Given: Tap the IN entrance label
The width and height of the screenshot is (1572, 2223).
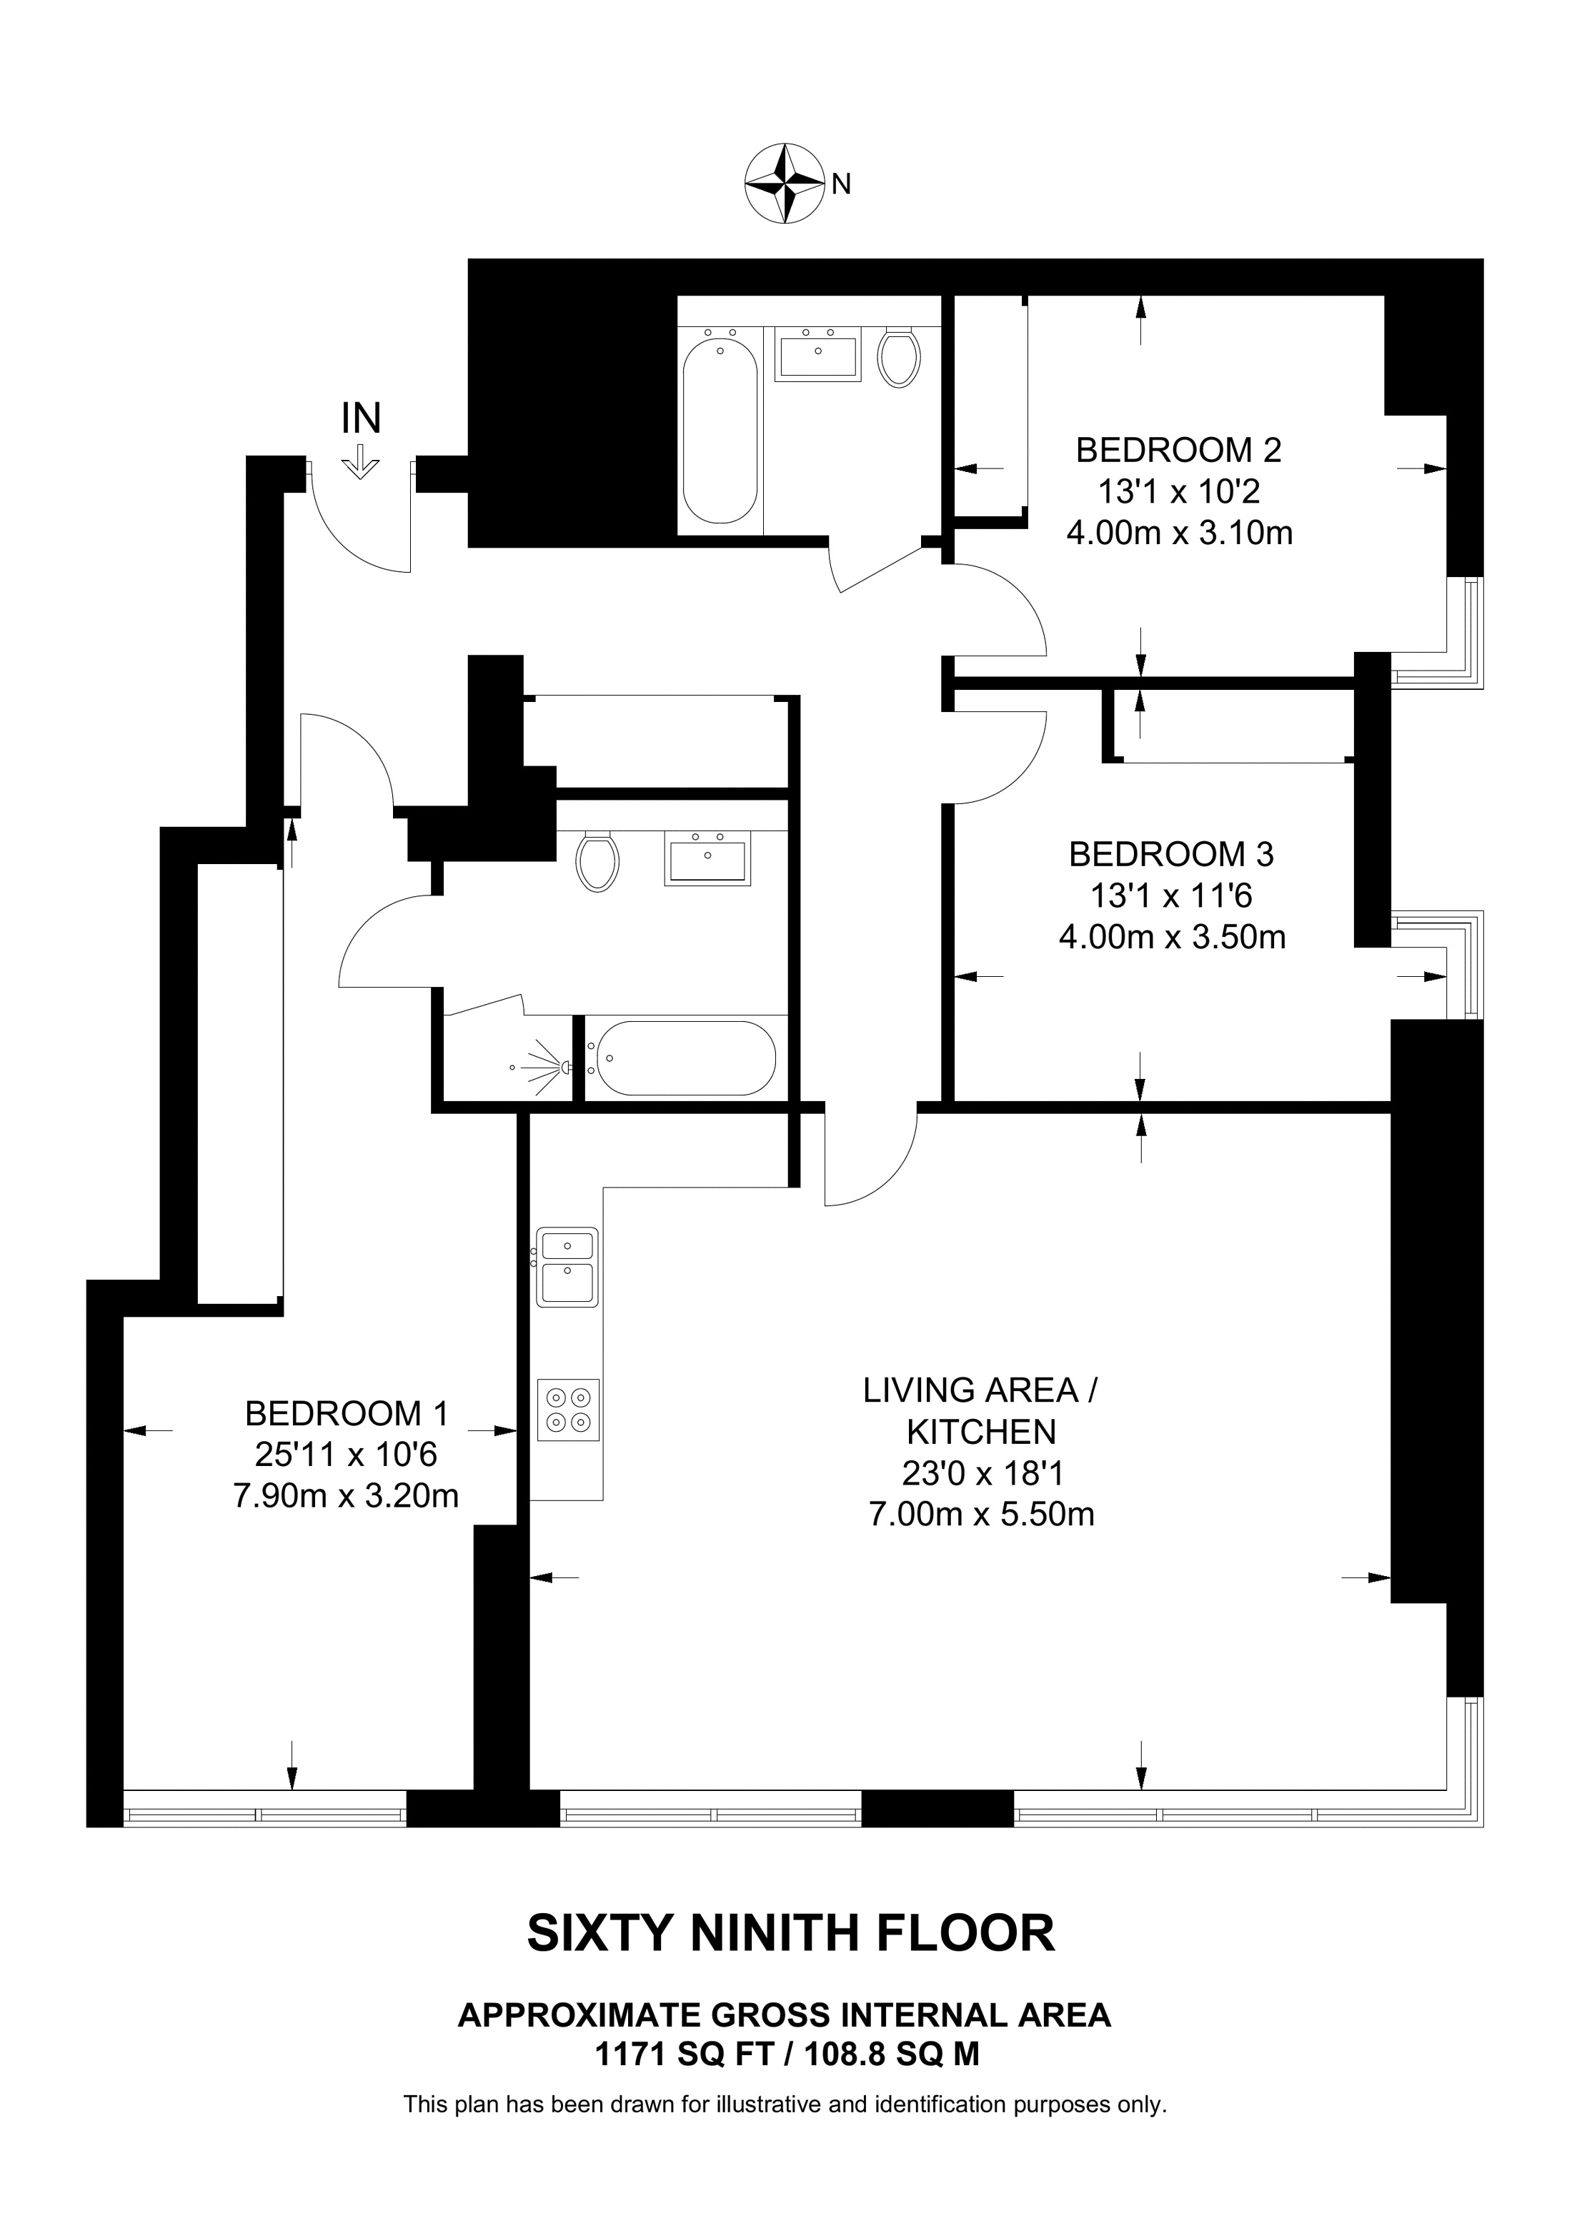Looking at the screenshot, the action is [362, 418].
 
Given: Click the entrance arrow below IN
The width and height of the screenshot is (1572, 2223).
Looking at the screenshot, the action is [360, 462].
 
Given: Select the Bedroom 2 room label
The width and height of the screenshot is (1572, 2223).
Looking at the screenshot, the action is [1179, 450].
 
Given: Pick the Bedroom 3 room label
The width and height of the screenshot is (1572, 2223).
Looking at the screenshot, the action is [1172, 854].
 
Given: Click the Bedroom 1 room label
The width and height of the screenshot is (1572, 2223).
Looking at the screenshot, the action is [347, 1414].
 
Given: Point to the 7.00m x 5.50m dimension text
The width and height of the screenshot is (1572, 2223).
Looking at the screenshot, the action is [982, 1513].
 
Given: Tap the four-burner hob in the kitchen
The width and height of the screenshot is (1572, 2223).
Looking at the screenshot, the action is [569, 1410].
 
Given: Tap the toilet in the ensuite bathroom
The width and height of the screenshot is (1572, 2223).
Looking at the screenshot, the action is [597, 860].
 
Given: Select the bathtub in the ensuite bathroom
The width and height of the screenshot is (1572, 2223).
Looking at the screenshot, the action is [683, 1058].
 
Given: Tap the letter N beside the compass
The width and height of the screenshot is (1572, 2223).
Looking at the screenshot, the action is [841, 184].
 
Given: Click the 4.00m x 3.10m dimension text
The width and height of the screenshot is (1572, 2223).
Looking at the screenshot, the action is [1179, 533].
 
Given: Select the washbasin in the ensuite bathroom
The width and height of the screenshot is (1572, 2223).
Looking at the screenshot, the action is [707, 858].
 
